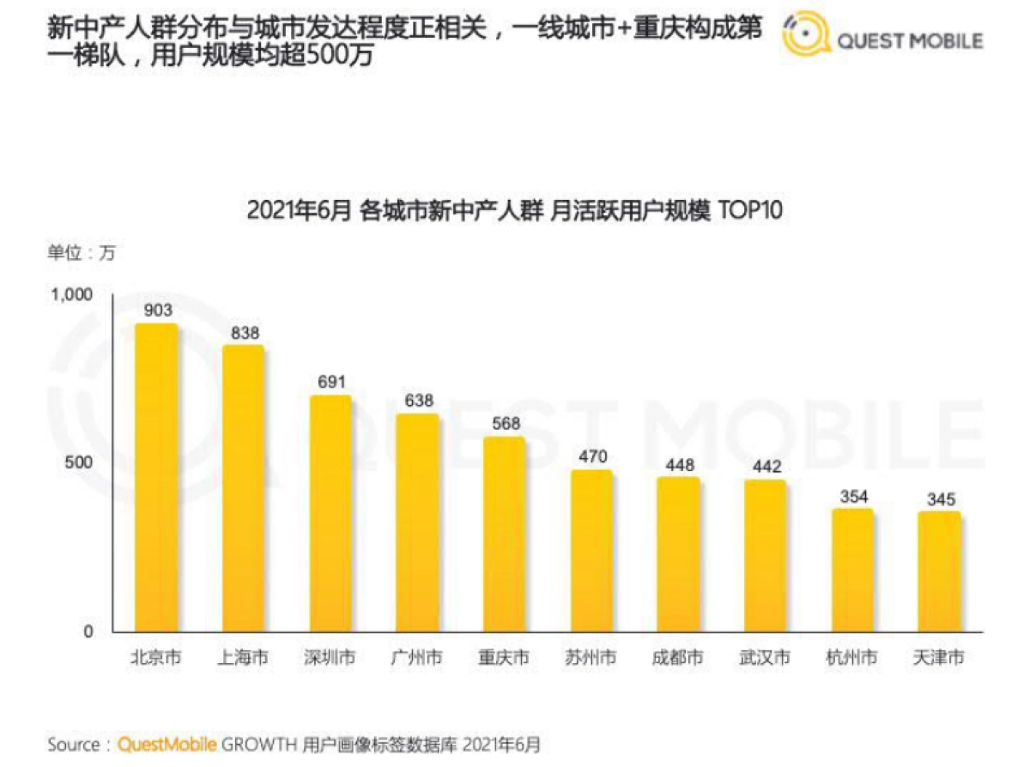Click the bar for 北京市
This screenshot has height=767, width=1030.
pos(156,478)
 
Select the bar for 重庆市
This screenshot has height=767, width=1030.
pos(504,534)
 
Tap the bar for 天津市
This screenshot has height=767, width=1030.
pos(938,572)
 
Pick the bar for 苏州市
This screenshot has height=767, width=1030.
pos(591,551)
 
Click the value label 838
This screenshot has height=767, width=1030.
pos(245,333)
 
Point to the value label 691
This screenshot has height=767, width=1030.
pos(330,383)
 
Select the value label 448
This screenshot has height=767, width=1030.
pos(678,464)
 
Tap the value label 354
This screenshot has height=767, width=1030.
pos(852,496)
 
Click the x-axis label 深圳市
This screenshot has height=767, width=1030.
pos(330,658)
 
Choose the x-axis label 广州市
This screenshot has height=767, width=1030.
pos(416,658)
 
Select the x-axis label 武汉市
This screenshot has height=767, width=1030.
pos(764,658)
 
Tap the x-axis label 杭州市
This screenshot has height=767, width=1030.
pos(851,658)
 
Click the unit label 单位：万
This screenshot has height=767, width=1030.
pos(81,253)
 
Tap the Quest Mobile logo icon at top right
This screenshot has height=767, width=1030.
pos(806,37)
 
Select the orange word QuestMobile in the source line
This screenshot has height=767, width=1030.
pos(167,744)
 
